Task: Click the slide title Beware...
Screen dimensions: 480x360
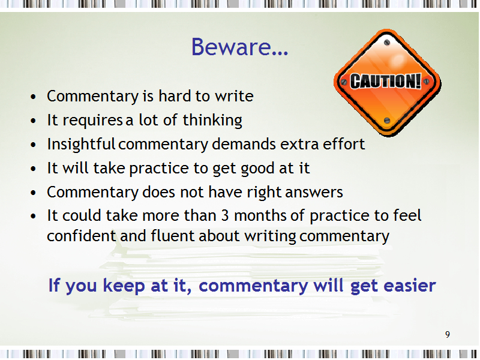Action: pos(239,47)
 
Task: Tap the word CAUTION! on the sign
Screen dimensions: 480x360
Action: pos(386,81)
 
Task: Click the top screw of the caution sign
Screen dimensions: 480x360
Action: pos(387,43)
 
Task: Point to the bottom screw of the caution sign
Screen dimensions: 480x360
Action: pos(387,121)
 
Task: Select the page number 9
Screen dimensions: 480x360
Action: pos(448,335)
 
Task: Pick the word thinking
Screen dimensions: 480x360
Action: pos(212,121)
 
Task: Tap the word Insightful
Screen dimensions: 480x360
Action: pos(81,144)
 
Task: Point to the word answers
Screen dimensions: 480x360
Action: pos(314,193)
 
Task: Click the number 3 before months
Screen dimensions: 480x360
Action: pos(225,215)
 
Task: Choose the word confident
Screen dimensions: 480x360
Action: pos(82,236)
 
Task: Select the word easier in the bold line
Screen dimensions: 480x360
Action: pos(410,286)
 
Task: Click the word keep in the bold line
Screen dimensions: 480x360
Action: pos(124,286)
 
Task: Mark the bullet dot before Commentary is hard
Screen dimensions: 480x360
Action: pos(34,97)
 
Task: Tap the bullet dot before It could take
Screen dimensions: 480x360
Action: pos(34,217)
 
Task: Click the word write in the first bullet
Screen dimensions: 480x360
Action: pos(234,96)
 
